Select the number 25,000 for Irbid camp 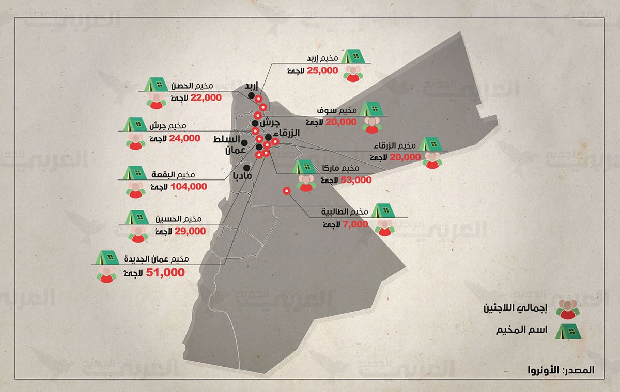[322, 70]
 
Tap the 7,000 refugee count [355, 225]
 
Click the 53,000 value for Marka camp [357, 180]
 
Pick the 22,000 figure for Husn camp [206, 97]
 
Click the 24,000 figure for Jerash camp [184, 138]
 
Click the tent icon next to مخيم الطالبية [383, 210]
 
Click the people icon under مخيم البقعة [135, 189]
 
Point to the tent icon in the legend [568, 331]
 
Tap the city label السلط [226, 140]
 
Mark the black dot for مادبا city [247, 168]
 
